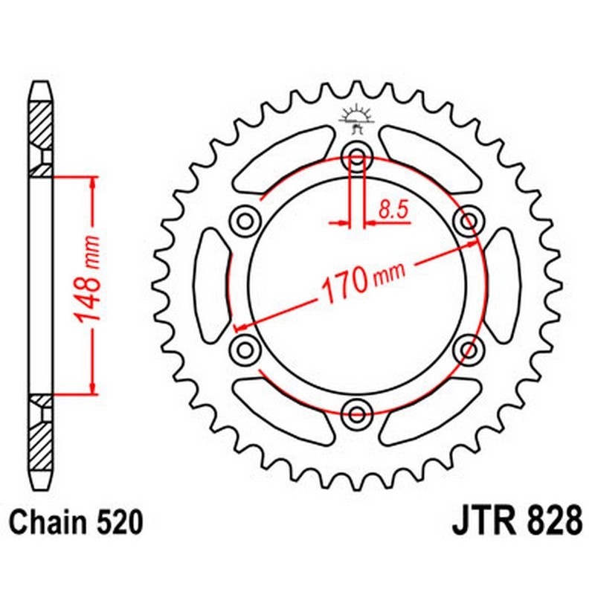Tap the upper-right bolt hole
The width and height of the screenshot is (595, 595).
coord(469,221)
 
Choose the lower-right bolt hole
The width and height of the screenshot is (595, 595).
coord(469,349)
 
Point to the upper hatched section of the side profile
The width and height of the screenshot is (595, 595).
coord(41,123)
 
